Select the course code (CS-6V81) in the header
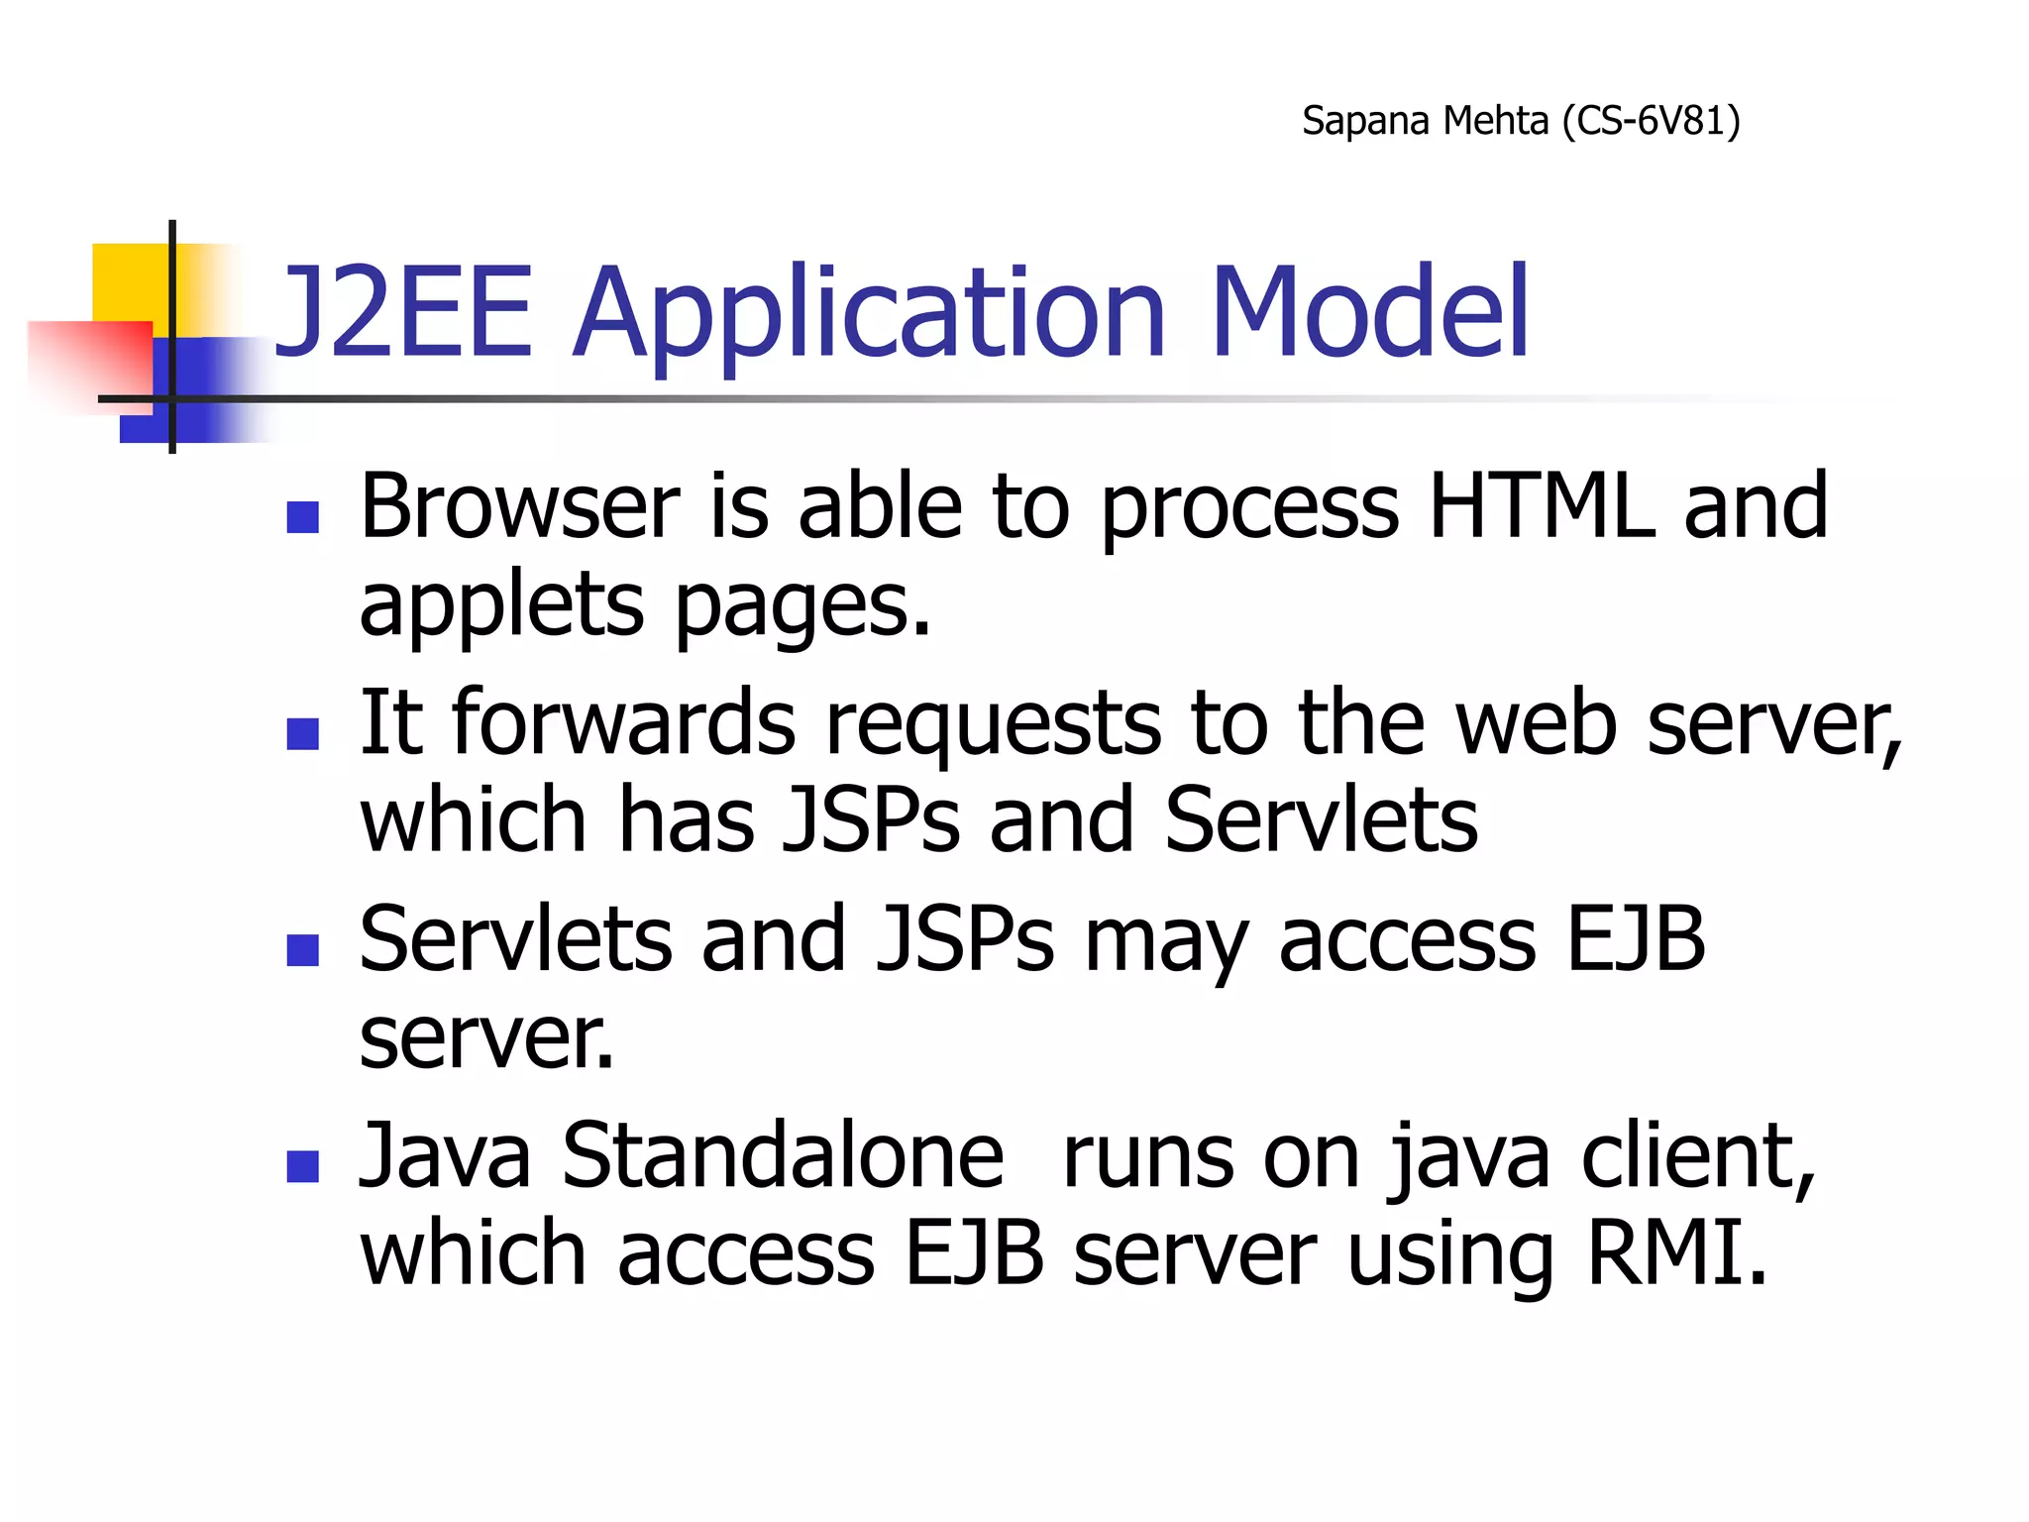(x=1651, y=121)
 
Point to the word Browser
(x=519, y=506)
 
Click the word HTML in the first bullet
(x=1542, y=506)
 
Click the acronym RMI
(x=1676, y=1252)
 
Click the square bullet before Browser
(x=302, y=516)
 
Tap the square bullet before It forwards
(x=302, y=733)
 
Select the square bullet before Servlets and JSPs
(x=302, y=949)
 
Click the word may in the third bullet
(x=1165, y=941)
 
